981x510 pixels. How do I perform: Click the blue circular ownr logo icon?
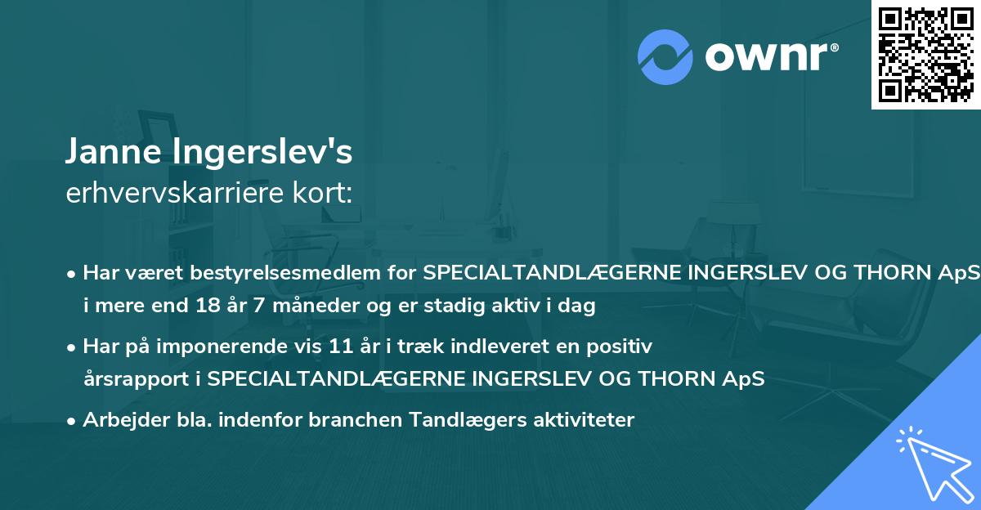click(x=665, y=56)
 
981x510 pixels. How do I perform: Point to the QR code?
click(x=925, y=54)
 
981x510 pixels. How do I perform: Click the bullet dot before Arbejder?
click(x=72, y=421)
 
